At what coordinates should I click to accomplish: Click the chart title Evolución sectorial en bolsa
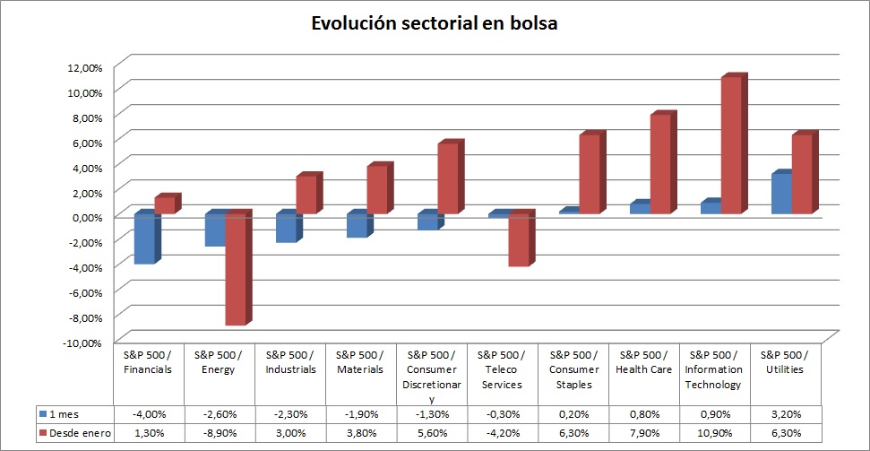coord(435,24)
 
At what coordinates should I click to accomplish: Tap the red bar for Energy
coord(235,269)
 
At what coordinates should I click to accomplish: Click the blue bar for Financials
coord(143,239)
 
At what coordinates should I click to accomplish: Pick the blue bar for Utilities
coord(780,194)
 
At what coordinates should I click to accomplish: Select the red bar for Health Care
coord(659,164)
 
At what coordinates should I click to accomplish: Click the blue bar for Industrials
coord(285,228)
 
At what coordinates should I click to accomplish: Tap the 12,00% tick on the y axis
coord(84,67)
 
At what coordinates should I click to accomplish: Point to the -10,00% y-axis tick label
coord(82,343)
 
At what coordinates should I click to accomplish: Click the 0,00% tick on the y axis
coord(86,217)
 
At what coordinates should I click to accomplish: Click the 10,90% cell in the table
coord(715,434)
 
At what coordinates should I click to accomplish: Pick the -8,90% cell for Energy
coord(219,434)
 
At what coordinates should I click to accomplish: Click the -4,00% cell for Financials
coord(148,414)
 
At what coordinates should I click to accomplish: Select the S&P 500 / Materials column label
coord(360,362)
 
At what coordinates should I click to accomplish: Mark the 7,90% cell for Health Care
coord(644,434)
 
